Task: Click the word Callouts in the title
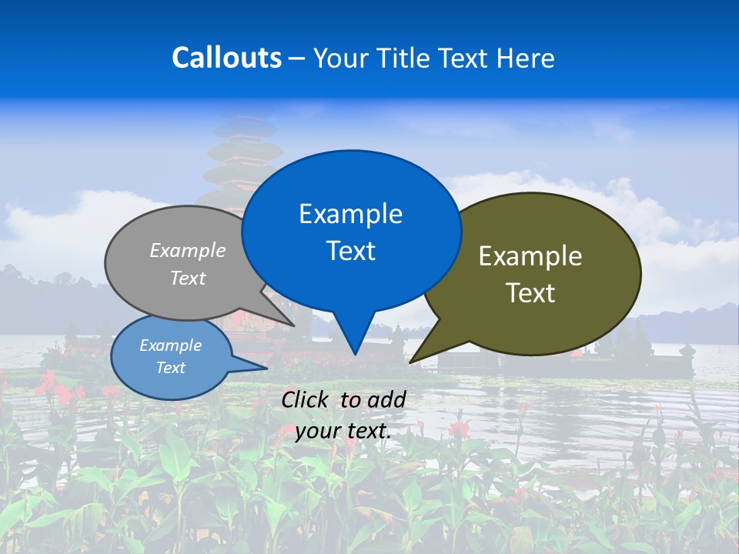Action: click(x=226, y=58)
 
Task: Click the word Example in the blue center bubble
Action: click(x=350, y=214)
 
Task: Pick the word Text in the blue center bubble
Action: click(x=350, y=251)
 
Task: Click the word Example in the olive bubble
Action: click(x=530, y=256)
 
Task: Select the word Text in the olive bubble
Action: click(x=530, y=293)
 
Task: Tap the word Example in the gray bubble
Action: click(x=188, y=251)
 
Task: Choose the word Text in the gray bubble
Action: click(x=188, y=278)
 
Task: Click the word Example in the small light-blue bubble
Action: click(x=170, y=345)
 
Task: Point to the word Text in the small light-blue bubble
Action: click(x=170, y=368)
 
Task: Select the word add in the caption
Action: click(x=387, y=399)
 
